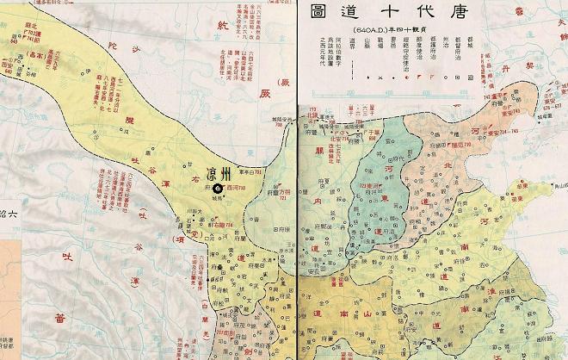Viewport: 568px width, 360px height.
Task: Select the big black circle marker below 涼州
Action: (218, 188)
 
